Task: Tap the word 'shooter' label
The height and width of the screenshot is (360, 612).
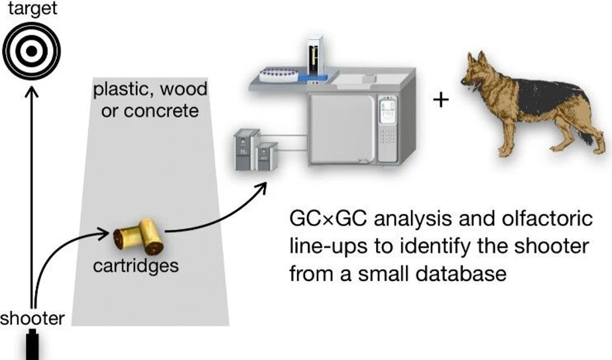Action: click(32, 319)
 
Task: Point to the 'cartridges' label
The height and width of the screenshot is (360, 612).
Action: click(135, 266)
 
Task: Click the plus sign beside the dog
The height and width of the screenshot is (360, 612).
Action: click(440, 99)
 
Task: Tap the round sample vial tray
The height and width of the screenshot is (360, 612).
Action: click(278, 74)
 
